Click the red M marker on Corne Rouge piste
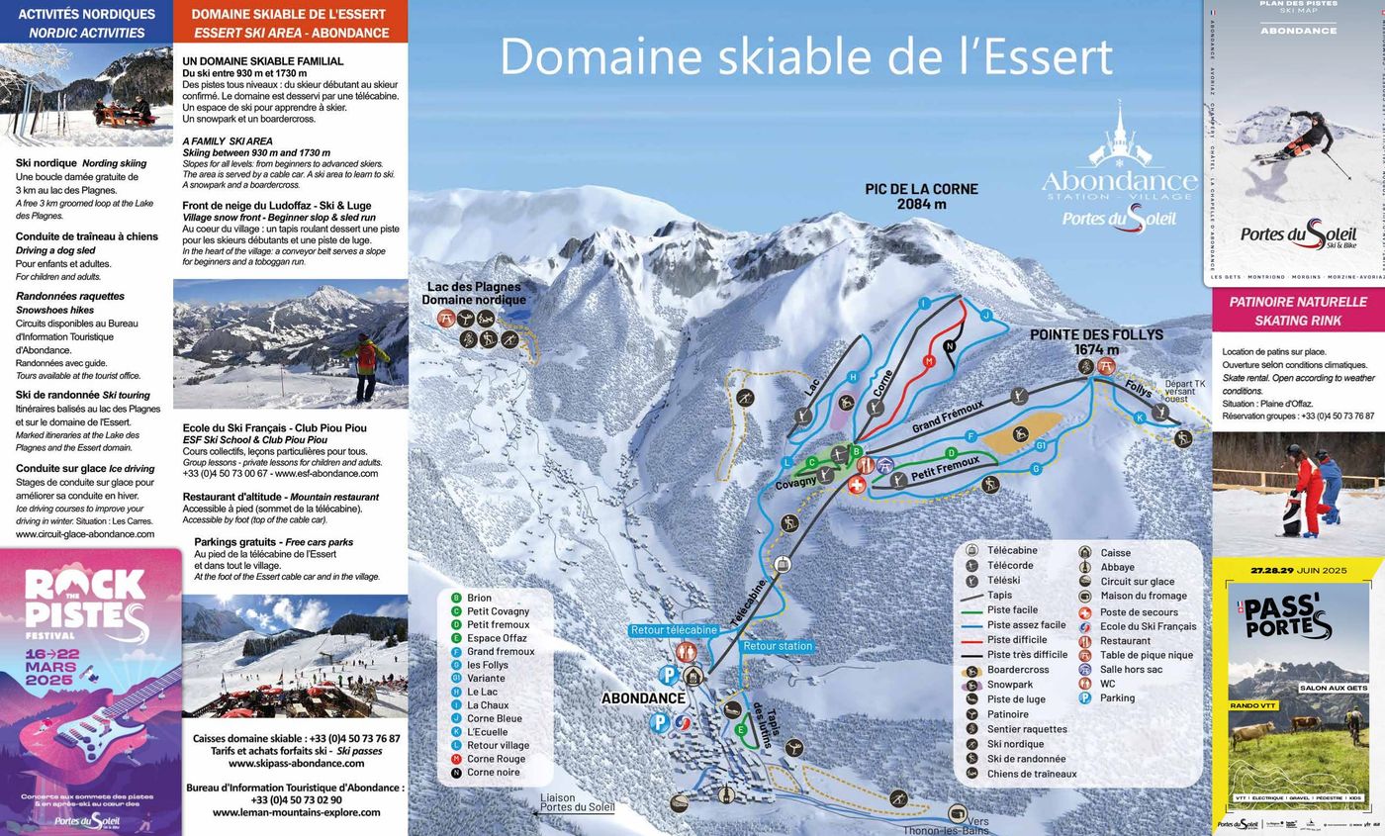(x=929, y=361)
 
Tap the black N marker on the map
(x=950, y=345)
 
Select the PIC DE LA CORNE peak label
(x=921, y=196)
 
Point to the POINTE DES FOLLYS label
(x=1096, y=341)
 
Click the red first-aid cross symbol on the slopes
(x=858, y=484)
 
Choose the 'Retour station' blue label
(x=778, y=646)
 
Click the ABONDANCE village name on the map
(x=643, y=697)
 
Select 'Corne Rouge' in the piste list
(x=496, y=759)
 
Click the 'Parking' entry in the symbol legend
(x=1117, y=697)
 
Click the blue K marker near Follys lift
(x=1140, y=418)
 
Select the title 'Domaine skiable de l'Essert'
(x=805, y=56)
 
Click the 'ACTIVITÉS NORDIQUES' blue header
(x=86, y=22)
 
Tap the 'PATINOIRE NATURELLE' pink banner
(x=1297, y=311)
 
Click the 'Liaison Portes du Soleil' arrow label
(x=578, y=802)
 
